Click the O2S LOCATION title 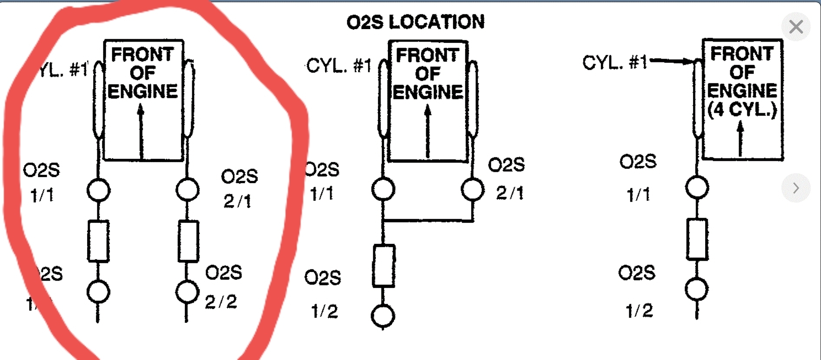pos(415,22)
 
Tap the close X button pos(796,27)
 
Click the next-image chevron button pos(795,188)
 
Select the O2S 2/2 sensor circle pos(187,291)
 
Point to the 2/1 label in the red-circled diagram pos(237,201)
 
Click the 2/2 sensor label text pos(221,302)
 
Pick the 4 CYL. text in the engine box pos(742,109)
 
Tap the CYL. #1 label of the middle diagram pos(339,66)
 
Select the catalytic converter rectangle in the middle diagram pos(384,266)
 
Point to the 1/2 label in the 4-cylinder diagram pos(639,311)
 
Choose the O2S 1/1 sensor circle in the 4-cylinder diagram pos(697,187)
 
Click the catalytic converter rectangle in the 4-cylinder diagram pos(697,239)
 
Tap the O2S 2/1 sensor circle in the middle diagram pos(473,189)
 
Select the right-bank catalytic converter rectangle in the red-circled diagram pos(188,241)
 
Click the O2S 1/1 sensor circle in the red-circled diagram pos(99,190)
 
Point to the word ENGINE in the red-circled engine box pos(142,92)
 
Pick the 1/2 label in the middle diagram pos(324,311)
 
